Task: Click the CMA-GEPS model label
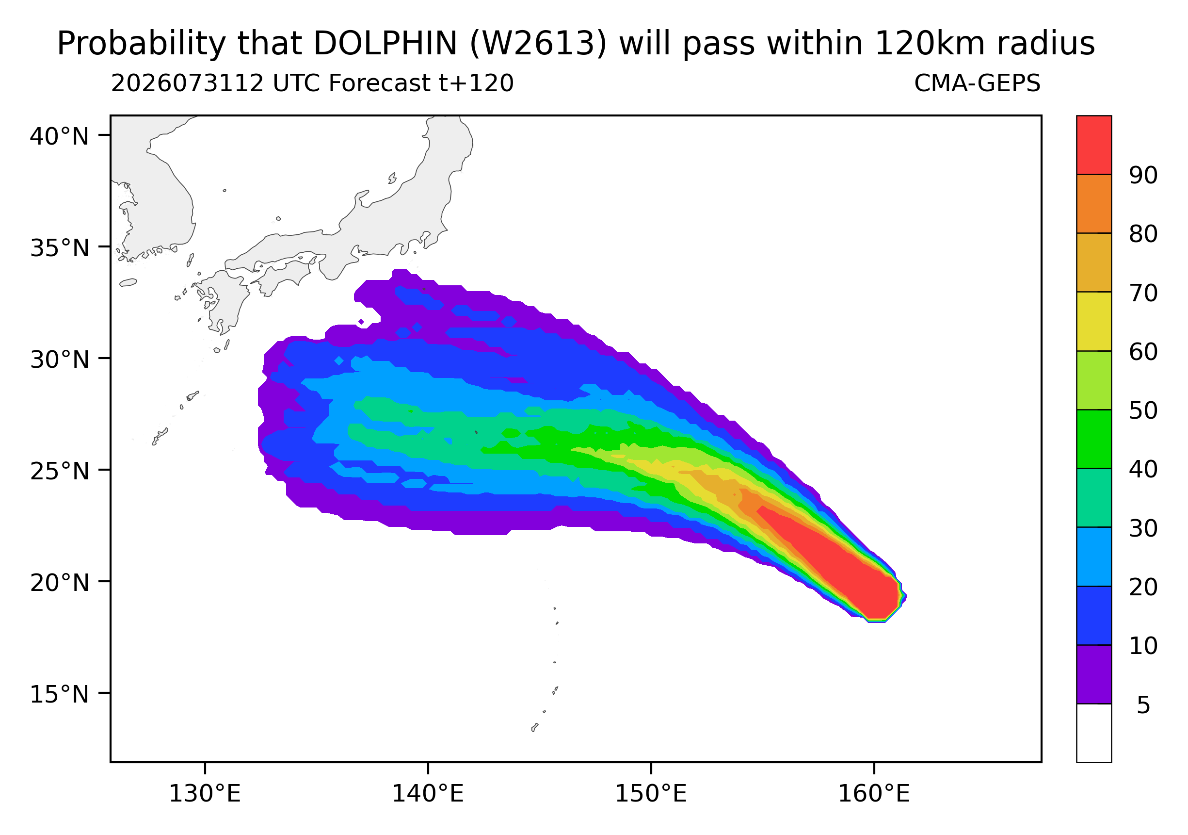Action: coord(978,83)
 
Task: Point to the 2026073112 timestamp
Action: coord(188,83)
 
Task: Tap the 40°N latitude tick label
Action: coord(59,136)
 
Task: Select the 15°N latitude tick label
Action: coord(59,694)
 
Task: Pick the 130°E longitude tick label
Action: coord(205,794)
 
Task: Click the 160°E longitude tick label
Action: coord(874,794)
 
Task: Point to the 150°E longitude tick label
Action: coord(651,794)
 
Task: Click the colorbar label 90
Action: coord(1143,176)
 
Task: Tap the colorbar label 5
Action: coord(1143,705)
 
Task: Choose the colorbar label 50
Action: coord(1143,410)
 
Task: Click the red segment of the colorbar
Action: coord(1094,145)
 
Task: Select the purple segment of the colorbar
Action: coord(1094,674)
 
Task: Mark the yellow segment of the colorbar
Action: coord(1094,322)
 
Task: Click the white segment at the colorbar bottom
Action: coord(1094,733)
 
